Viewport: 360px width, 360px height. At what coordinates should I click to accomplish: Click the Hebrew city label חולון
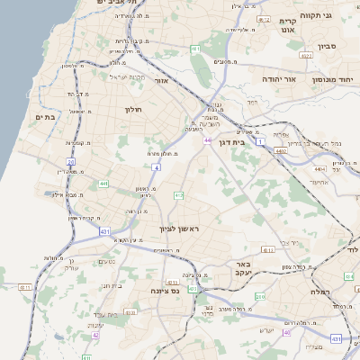132,109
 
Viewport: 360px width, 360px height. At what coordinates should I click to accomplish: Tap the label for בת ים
45,116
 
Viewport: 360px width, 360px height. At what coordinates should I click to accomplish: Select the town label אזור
162,81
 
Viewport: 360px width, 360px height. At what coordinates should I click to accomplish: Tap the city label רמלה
321,292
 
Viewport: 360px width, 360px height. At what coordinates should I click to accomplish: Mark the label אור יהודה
278,79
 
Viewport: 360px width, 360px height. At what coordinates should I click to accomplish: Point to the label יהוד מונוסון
335,80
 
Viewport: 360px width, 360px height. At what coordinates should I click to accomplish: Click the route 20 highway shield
70,162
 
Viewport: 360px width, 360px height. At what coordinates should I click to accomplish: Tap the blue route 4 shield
156,166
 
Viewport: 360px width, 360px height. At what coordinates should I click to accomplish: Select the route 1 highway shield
261,141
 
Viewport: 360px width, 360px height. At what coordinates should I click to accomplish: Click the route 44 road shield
207,141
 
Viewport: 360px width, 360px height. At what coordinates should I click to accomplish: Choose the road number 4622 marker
306,56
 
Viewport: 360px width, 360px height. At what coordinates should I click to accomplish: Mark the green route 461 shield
196,48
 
